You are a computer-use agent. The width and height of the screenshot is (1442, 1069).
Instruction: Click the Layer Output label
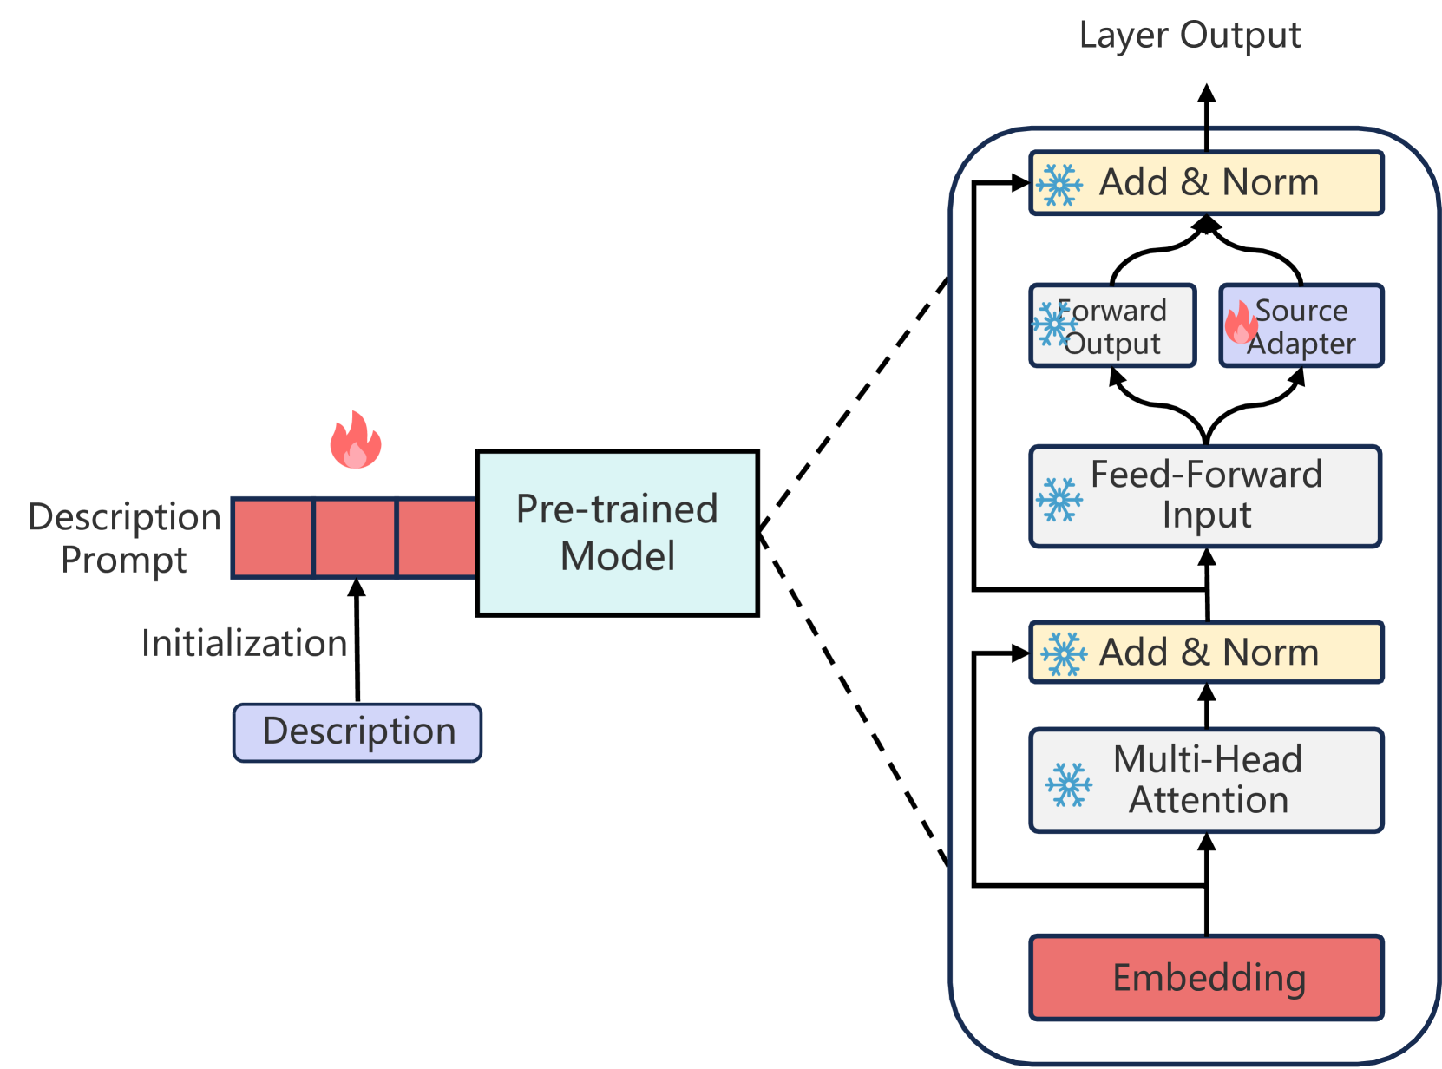[x=1190, y=35]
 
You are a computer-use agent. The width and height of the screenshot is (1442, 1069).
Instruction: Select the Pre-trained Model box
[x=617, y=533]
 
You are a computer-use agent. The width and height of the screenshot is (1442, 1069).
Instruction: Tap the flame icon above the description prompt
[x=355, y=439]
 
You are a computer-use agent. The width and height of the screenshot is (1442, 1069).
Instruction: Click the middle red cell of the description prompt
[x=355, y=538]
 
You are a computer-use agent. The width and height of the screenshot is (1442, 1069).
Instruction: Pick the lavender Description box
[x=357, y=732]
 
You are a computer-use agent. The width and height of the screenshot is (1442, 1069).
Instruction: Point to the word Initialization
[x=245, y=643]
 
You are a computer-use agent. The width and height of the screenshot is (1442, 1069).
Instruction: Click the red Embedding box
[x=1207, y=977]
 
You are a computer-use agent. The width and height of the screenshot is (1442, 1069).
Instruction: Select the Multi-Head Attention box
[x=1207, y=780]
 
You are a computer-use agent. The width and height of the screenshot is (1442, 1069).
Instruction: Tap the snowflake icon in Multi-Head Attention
[x=1069, y=785]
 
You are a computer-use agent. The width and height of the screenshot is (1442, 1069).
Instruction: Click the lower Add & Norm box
[x=1207, y=653]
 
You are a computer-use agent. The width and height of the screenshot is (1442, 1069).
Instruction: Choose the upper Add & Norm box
[x=1207, y=183]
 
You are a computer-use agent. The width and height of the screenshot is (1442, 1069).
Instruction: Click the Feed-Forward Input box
[x=1205, y=496]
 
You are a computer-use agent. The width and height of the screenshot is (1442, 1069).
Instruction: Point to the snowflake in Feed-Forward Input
[x=1059, y=500]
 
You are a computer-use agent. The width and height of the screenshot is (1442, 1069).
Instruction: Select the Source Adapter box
[x=1301, y=325]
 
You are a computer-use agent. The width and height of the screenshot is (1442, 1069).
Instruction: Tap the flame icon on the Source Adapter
[x=1241, y=322]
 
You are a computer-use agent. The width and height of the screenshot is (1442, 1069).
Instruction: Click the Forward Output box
[x=1113, y=325]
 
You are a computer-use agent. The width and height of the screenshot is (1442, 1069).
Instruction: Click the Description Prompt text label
[x=125, y=538]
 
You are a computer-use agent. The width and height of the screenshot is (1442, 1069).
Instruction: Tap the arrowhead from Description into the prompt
[x=357, y=587]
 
